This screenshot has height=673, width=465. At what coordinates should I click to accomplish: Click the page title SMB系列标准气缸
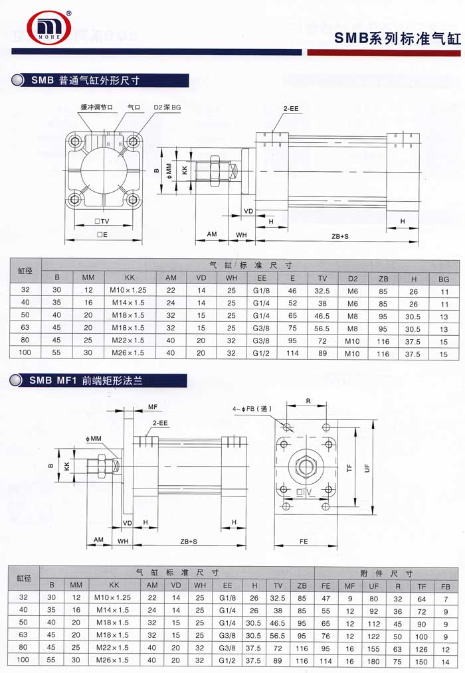[x=397, y=38]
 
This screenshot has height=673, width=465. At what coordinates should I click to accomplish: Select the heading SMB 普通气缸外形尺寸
[x=85, y=80]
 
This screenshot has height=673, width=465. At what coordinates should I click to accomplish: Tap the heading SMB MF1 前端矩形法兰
[x=86, y=380]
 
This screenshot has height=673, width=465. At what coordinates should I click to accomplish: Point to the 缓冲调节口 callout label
[x=97, y=107]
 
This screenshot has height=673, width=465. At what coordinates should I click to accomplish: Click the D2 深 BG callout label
[x=167, y=107]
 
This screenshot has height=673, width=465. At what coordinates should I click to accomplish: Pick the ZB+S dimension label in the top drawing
[x=340, y=236]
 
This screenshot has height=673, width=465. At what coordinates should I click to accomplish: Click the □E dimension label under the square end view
[x=102, y=234]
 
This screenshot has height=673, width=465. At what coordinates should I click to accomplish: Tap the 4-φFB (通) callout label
[x=252, y=409]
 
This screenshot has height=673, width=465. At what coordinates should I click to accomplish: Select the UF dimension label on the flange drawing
[x=367, y=468]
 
